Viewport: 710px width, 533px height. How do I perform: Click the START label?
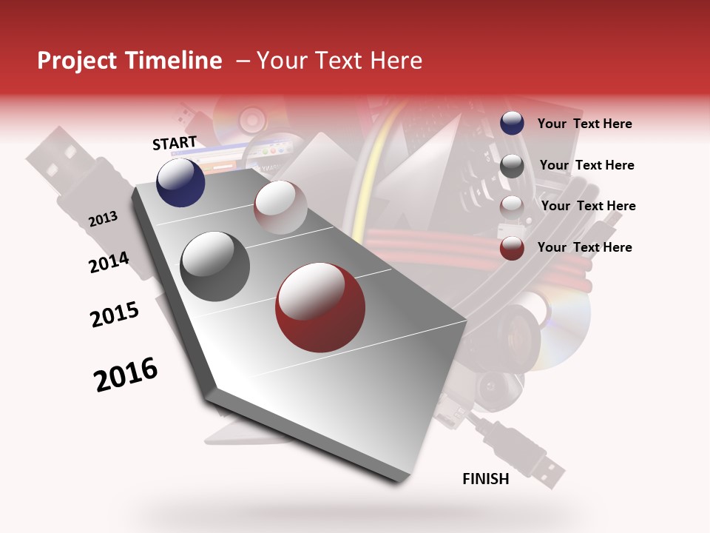tap(175, 143)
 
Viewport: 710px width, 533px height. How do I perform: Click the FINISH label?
tap(485, 479)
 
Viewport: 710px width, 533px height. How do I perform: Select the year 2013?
tap(103, 219)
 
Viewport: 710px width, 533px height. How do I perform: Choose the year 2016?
tap(126, 375)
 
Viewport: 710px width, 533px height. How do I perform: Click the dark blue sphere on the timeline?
tap(180, 183)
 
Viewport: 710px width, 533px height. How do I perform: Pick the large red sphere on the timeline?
tap(319, 307)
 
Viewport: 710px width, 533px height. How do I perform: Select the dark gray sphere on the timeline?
tap(214, 266)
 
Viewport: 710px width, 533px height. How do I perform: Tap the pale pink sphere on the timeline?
tap(280, 207)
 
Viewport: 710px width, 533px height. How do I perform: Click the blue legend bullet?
tap(512, 124)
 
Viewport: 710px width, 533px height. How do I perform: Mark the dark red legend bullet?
tap(512, 248)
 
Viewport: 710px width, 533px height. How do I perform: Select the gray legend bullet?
tap(512, 166)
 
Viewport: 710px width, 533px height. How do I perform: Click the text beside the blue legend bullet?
tap(584, 124)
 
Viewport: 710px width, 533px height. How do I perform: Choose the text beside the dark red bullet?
tap(584, 247)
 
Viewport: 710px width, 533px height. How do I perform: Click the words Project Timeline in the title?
tap(129, 61)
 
